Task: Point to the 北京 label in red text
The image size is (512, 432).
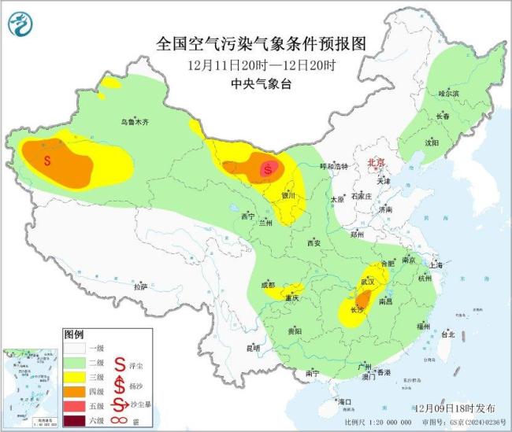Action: click(x=376, y=163)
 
